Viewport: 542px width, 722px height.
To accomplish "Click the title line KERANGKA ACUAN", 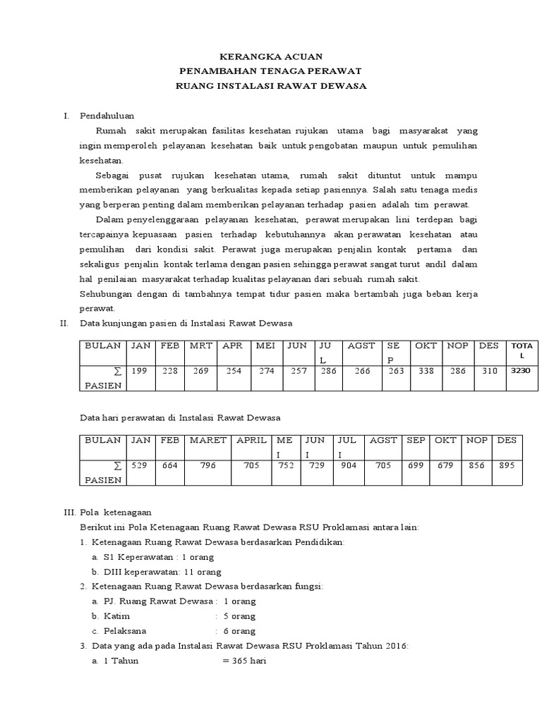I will [270, 56].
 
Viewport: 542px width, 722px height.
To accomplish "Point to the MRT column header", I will [201, 345].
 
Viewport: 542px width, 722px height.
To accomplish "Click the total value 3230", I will [522, 370].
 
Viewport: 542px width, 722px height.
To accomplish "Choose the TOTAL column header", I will [522, 350].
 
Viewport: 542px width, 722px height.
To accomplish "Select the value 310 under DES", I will [489, 371].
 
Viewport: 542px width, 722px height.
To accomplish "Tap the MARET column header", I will [208, 440].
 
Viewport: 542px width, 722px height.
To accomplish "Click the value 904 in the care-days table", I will [348, 465].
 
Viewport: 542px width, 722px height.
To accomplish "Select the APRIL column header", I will [251, 440].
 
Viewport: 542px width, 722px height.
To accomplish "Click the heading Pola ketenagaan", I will [117, 513].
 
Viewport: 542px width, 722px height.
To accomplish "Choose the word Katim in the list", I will [116, 616].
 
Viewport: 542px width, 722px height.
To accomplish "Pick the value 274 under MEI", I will [266, 371].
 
